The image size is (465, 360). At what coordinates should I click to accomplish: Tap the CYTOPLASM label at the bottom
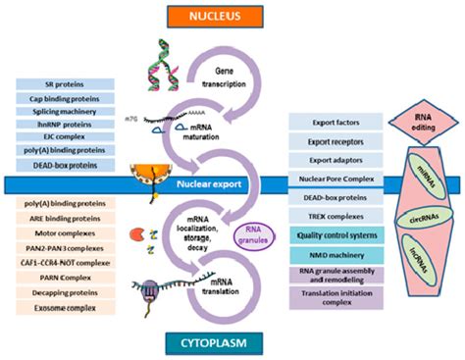tap(232, 341)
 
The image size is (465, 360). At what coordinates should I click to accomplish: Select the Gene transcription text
tap(228, 79)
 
